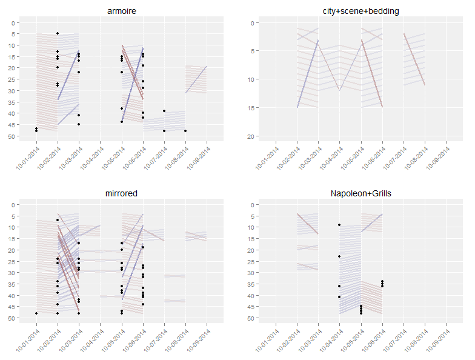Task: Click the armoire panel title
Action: click(x=121, y=12)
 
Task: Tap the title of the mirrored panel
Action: click(x=121, y=193)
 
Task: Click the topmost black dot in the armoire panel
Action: click(x=58, y=33)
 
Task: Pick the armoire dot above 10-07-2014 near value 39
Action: click(x=164, y=111)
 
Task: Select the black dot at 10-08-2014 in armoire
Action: click(x=185, y=131)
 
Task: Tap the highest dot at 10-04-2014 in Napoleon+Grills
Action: click(x=339, y=225)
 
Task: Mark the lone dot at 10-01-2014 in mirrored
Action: click(x=36, y=313)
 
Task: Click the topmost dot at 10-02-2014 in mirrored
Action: click(x=58, y=220)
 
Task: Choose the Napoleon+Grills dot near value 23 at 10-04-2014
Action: click(x=339, y=256)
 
